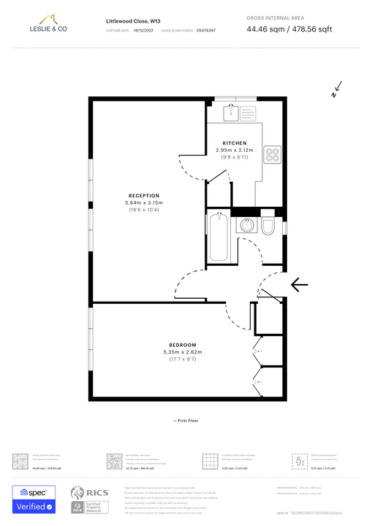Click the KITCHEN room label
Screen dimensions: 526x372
pyautogui.click(x=235, y=143)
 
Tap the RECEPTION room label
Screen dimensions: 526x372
pyautogui.click(x=143, y=196)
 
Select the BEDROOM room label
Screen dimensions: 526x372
pyautogui.click(x=183, y=345)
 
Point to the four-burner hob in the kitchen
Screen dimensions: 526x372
pyautogui.click(x=273, y=154)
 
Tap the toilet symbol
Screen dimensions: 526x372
pyautogui.click(x=268, y=226)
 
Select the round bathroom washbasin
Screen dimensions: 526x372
pyautogui.click(x=247, y=225)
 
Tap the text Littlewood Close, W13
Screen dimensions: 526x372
pyautogui.click(x=134, y=22)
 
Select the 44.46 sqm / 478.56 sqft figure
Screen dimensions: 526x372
pyautogui.click(x=289, y=28)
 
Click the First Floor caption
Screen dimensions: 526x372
pyautogui.click(x=186, y=421)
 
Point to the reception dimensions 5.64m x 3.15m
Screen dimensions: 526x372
pyautogui.click(x=143, y=203)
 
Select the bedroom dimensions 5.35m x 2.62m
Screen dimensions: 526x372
pyautogui.click(x=183, y=352)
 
